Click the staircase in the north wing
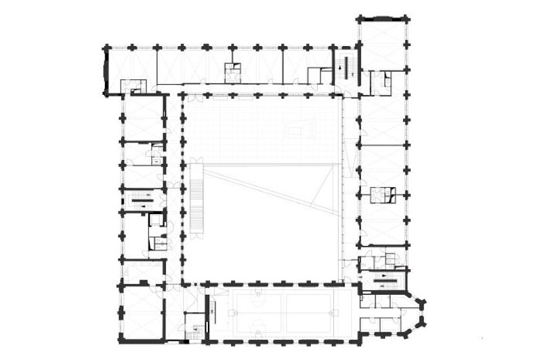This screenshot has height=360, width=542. click(x=346, y=66)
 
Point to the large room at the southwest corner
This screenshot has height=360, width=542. click(x=142, y=312)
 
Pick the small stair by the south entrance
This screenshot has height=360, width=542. click(x=194, y=330)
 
